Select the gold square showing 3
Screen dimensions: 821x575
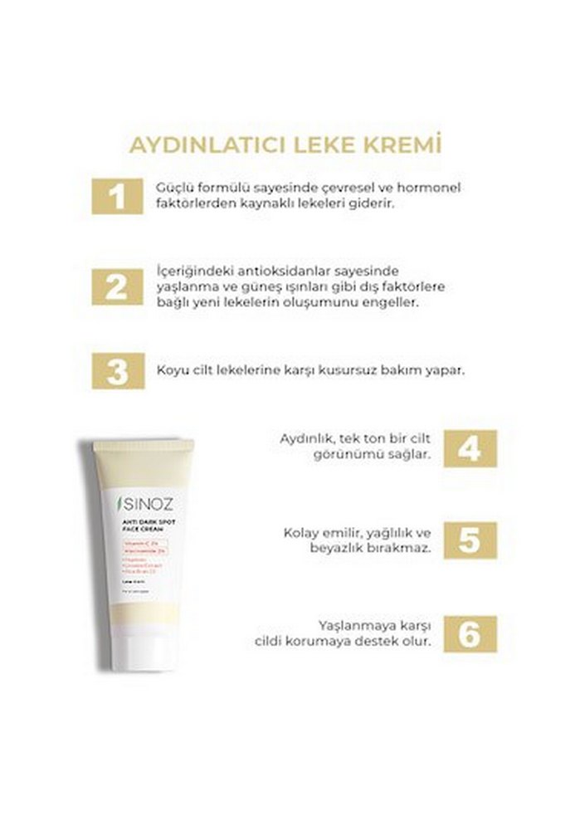tap(118, 370)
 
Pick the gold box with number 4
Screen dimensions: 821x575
tap(470, 448)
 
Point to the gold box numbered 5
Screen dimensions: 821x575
tap(470, 540)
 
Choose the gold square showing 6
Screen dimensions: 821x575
tap(470, 634)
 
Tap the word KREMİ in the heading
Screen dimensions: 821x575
tap(402, 144)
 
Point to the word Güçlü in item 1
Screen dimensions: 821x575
tap(173, 188)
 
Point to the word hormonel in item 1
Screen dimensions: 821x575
tap(431, 188)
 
